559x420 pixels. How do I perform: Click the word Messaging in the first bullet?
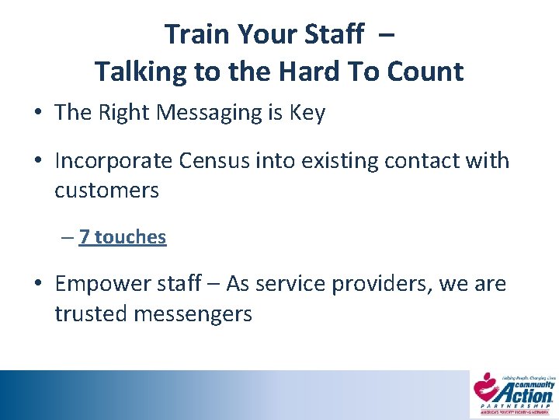(209, 113)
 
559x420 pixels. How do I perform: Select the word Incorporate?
(113, 161)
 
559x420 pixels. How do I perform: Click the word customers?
(106, 190)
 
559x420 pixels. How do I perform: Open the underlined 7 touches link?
(123, 236)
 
